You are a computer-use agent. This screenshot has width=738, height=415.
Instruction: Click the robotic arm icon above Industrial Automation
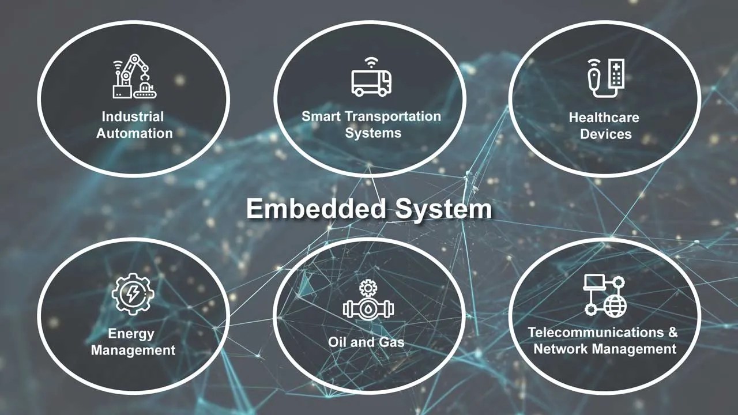[135, 77]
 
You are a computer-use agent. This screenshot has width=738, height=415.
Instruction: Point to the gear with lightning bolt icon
[133, 294]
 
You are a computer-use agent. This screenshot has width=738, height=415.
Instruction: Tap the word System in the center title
[443, 209]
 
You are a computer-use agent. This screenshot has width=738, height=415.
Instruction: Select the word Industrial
[133, 116]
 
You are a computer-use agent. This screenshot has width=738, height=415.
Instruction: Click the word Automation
[134, 133]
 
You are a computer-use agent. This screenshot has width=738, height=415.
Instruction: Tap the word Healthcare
[604, 118]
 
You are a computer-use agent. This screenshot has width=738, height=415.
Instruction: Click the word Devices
[605, 134]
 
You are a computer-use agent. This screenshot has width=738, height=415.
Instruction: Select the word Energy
[131, 334]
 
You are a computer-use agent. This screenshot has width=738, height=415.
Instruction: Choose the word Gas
[391, 342]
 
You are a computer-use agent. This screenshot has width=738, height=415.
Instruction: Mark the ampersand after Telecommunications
[672, 333]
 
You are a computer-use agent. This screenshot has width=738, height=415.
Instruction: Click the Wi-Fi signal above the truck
[371, 61]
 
